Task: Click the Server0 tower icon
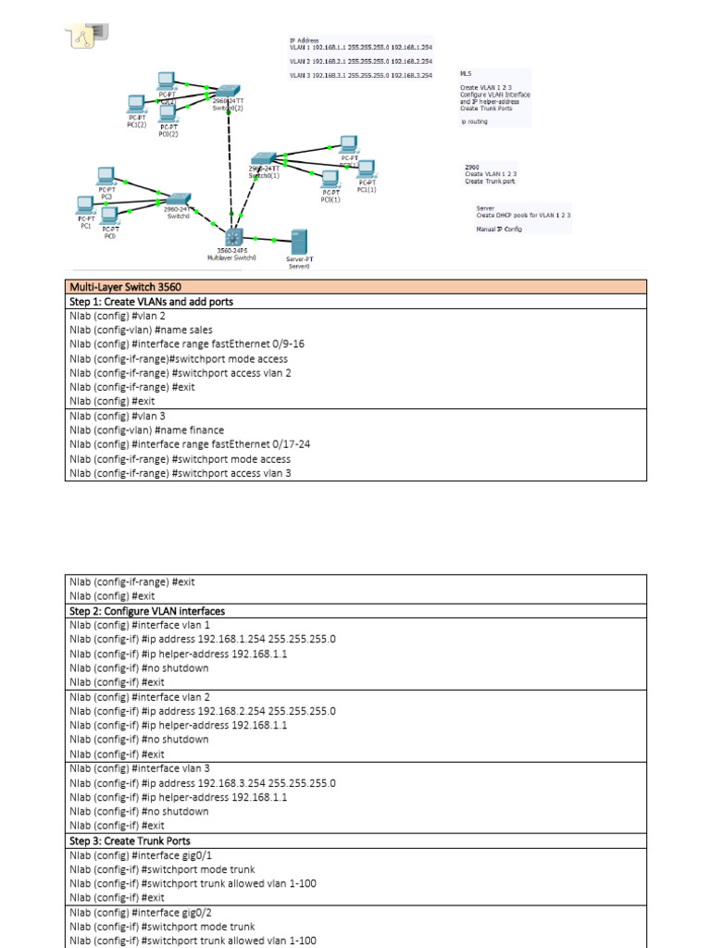[x=298, y=242]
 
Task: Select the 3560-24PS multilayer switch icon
[x=231, y=236]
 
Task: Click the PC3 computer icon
[x=106, y=176]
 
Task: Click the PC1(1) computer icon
[x=367, y=169]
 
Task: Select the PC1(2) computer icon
[x=137, y=103]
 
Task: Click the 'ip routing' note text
[x=474, y=121]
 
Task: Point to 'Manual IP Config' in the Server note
[x=499, y=229]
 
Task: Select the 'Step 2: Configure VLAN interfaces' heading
[x=146, y=611]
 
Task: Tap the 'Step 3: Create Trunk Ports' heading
[x=130, y=841]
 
